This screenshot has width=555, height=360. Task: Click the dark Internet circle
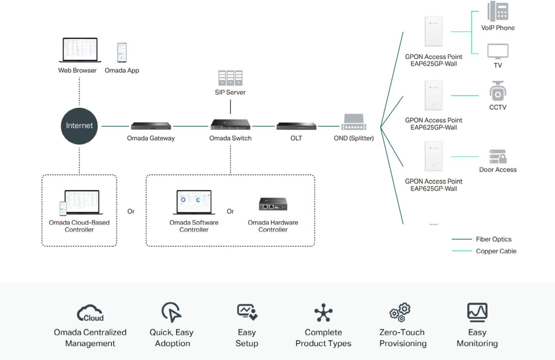[x=79, y=126]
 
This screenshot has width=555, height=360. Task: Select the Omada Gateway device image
[x=151, y=126]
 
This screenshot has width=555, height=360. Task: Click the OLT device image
[x=296, y=126]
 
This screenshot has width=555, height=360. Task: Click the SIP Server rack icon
[x=230, y=78]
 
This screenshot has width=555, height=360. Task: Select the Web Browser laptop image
[x=80, y=50]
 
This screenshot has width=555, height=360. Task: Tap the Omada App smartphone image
[x=122, y=53]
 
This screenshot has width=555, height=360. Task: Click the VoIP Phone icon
[x=498, y=11]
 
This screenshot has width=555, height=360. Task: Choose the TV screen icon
[x=498, y=51]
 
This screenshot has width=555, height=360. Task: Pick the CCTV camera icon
[x=498, y=91]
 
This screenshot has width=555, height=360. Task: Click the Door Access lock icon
[x=498, y=156]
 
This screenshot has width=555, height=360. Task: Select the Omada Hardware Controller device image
[x=273, y=204]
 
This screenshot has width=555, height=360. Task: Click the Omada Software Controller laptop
[x=194, y=202]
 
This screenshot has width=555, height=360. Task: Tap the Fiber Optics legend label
[x=493, y=239]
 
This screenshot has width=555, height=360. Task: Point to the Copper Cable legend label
[x=496, y=251]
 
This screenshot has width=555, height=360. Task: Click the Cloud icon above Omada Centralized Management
[x=90, y=313]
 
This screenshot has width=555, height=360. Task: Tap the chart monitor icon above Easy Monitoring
[x=477, y=312]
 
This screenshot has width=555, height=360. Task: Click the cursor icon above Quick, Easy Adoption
[x=172, y=312]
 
